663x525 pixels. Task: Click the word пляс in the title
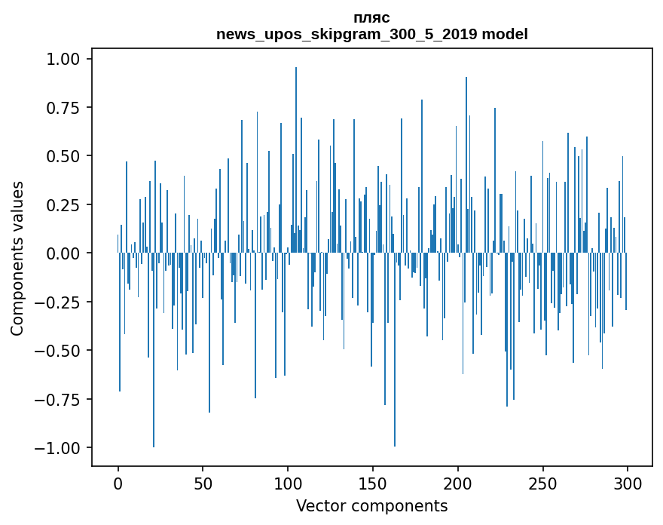[x=371, y=17]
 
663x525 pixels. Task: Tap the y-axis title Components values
[x=17, y=257]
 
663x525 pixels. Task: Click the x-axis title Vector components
[x=371, y=506]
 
